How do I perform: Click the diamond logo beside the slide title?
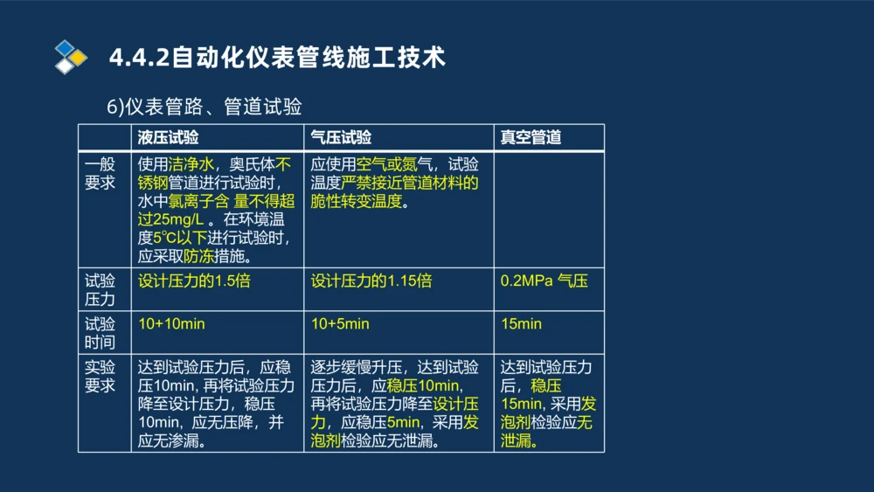(71, 57)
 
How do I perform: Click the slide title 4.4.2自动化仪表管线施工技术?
(277, 58)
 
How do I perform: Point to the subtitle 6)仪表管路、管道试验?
(205, 107)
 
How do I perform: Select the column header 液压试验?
(168, 137)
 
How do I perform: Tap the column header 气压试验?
(341, 137)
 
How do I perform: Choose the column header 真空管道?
(531, 137)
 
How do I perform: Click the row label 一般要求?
(101, 173)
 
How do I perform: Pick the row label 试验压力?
(101, 290)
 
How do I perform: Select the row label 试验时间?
(101, 333)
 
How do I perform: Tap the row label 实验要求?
(101, 376)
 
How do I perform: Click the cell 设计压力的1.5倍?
(194, 281)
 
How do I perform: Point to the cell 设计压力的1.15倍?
(371, 281)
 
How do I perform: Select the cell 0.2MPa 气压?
(544, 281)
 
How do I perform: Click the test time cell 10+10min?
(171, 324)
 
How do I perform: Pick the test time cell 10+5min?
(340, 324)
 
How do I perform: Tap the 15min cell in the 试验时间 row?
(521, 324)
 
